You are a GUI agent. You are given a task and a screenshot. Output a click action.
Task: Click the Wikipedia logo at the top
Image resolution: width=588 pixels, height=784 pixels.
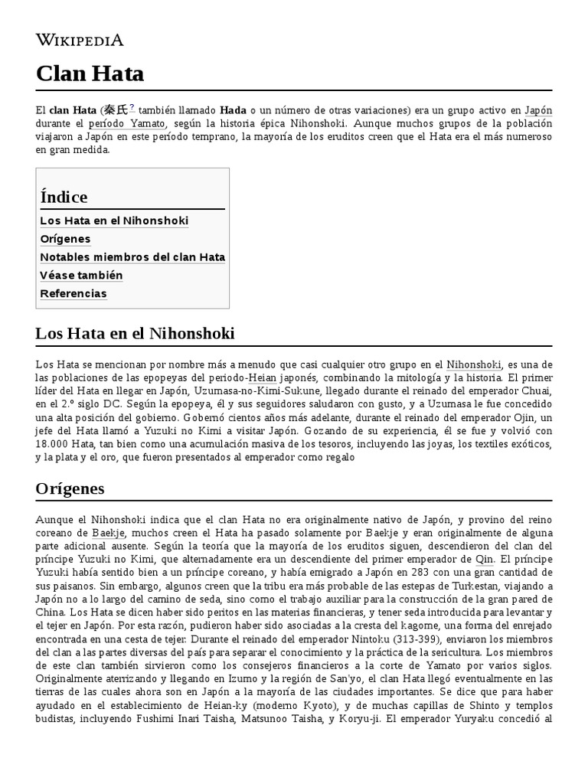coord(80,40)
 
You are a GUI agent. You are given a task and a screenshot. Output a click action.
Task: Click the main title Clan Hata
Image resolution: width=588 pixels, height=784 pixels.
coord(90,73)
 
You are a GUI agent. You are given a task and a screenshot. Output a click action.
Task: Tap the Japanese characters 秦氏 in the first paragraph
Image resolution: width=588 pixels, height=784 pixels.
coord(116,109)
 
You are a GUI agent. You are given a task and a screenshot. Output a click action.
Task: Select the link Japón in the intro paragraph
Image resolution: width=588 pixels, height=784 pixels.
coord(538,110)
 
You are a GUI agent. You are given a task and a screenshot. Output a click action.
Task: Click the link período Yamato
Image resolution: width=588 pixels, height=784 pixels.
coord(126,123)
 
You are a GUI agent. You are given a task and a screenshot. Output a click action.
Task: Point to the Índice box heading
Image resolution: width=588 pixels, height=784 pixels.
coord(64,197)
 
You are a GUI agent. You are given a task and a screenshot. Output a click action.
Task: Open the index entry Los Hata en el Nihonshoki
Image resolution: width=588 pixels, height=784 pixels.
coord(114,220)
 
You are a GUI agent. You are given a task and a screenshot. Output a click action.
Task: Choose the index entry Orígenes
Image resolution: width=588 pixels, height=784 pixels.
coord(65,239)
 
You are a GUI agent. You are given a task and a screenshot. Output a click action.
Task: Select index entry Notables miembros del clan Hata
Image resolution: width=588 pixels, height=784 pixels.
coord(132,257)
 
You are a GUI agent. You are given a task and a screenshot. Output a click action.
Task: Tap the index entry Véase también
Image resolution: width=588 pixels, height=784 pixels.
coord(81,276)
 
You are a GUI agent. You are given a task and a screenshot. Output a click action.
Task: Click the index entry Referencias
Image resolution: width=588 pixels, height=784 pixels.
coord(73,294)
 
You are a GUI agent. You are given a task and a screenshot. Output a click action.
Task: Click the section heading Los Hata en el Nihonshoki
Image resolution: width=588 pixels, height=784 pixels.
coord(135,334)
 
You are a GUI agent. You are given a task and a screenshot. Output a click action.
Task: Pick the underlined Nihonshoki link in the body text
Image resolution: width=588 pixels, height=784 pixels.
coord(474,365)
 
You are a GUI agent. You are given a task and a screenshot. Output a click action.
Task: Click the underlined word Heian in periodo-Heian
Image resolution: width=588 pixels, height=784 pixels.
coord(263,378)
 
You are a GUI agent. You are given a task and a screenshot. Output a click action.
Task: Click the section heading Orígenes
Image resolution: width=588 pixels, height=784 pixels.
coord(70,488)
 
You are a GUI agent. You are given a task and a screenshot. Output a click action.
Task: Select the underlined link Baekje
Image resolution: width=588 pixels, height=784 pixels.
coord(108,532)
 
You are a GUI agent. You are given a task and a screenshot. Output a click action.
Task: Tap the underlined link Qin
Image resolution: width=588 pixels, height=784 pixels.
coord(485,560)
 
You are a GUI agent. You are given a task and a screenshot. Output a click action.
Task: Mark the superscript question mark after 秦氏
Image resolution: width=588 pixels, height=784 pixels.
coord(132,106)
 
